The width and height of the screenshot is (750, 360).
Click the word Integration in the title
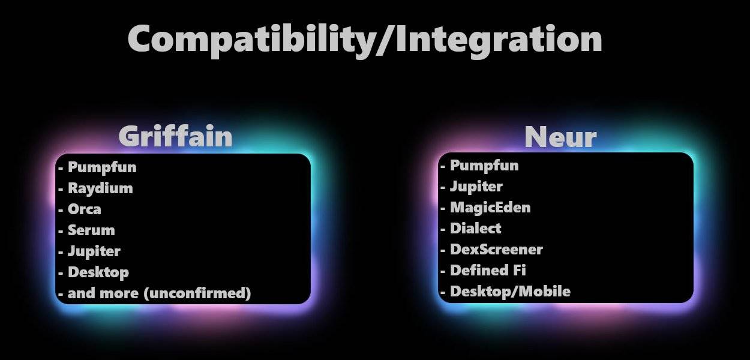click(x=499, y=41)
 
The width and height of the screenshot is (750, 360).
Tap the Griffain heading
click(x=175, y=136)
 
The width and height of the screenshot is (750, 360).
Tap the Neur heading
click(x=560, y=137)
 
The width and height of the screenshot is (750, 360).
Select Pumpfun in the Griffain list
click(x=102, y=167)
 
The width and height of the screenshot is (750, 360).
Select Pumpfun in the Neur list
click(x=484, y=166)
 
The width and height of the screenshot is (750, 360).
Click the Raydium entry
click(x=100, y=188)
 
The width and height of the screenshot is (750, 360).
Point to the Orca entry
click(x=85, y=209)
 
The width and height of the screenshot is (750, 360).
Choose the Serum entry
click(x=91, y=230)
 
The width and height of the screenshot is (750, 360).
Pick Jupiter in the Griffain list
click(x=94, y=251)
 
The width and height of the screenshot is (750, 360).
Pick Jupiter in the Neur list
click(x=476, y=187)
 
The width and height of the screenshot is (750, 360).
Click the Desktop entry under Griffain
click(x=98, y=272)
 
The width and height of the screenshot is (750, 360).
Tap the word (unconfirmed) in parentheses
click(x=197, y=293)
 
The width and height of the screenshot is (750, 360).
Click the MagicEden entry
click(x=491, y=208)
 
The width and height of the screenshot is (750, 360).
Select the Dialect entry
click(x=475, y=229)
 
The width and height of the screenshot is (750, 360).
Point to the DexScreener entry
click(x=497, y=250)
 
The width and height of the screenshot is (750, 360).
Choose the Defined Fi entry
click(x=488, y=271)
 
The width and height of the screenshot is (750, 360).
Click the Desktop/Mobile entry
click(x=510, y=292)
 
